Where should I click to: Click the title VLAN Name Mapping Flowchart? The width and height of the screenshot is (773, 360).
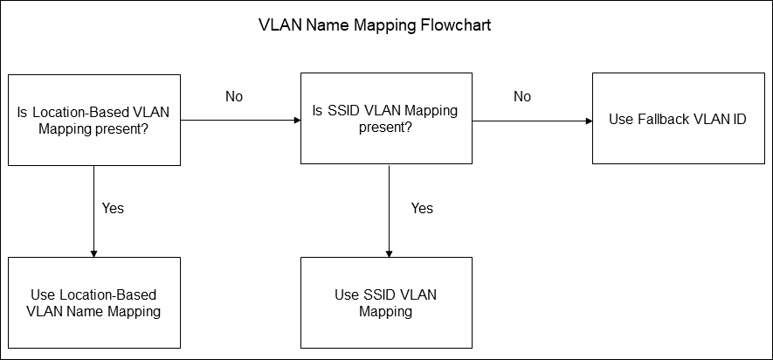pyautogui.click(x=375, y=25)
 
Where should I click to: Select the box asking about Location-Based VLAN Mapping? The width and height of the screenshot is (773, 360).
pyautogui.click(x=93, y=120)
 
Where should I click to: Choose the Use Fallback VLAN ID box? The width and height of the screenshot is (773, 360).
pyautogui.click(x=678, y=119)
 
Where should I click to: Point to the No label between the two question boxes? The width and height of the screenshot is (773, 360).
pyautogui.click(x=234, y=97)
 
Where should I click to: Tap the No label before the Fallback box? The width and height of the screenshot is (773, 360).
pyautogui.click(x=522, y=97)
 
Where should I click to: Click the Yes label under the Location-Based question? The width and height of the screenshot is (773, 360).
pyautogui.click(x=113, y=209)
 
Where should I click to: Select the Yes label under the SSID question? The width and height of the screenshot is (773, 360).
pyautogui.click(x=422, y=209)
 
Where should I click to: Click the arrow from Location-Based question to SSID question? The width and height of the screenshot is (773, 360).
pyautogui.click(x=240, y=120)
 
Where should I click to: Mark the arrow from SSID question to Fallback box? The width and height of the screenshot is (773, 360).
pyautogui.click(x=532, y=120)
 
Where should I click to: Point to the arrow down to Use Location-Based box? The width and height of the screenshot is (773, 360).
pyautogui.click(x=93, y=211)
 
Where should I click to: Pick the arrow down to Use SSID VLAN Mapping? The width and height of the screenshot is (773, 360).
pyautogui.click(x=387, y=211)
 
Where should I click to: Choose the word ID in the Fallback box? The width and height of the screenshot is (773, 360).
pyautogui.click(x=738, y=119)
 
